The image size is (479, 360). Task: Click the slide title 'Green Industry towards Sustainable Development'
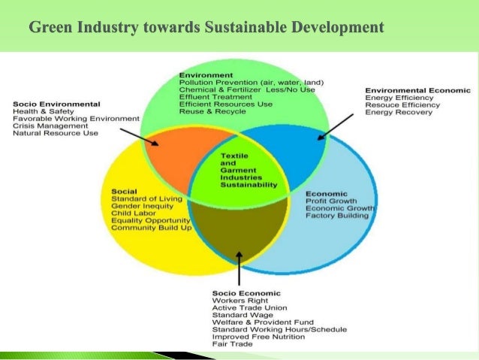point(206,29)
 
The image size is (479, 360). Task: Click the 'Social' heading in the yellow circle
point(123,190)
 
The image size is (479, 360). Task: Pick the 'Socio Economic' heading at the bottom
point(246,293)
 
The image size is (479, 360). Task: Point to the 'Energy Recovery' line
point(399,113)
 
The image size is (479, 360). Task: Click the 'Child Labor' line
point(133,213)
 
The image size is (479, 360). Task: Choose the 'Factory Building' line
point(337,216)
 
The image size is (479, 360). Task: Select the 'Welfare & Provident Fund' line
point(260,323)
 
